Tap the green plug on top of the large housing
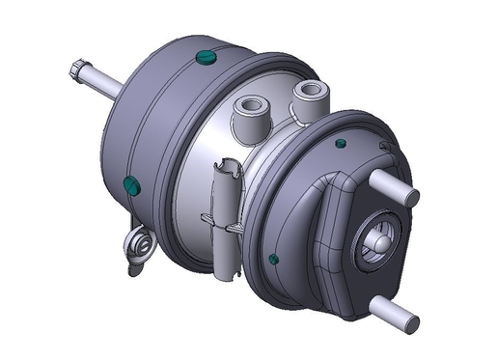205,59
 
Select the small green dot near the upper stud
341,144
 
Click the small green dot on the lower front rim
275,259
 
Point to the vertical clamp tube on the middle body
227,217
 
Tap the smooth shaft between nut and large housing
105,84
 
